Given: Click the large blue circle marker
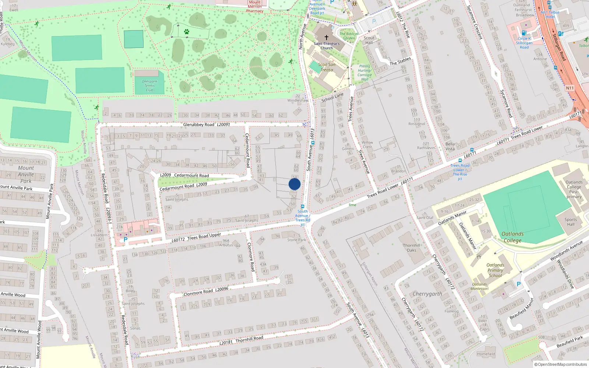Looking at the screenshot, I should [294, 184].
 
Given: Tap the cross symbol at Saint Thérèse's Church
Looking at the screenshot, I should [326, 38].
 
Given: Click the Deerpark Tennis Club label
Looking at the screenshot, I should [149, 86].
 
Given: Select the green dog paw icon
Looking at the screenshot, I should [187, 32].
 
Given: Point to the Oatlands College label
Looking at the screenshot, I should [512, 237].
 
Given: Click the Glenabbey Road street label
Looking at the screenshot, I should [199, 125].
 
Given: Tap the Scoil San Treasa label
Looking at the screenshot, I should [327, 67].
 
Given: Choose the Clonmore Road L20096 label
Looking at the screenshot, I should [206, 291].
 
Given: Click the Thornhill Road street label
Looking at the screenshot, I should [249, 339].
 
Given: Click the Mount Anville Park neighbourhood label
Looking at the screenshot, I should [26, 174].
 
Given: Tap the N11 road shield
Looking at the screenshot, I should [569, 88].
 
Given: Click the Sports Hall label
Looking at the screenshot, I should [571, 222].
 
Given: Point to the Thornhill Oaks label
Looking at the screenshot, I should [411, 248].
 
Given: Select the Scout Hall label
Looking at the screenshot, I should [369, 40].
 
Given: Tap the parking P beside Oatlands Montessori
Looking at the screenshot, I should [519, 284].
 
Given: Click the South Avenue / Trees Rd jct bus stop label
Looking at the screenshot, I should [303, 218].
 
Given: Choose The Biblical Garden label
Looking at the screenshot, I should [349, 36].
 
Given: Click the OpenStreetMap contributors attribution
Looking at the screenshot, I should [561, 364].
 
